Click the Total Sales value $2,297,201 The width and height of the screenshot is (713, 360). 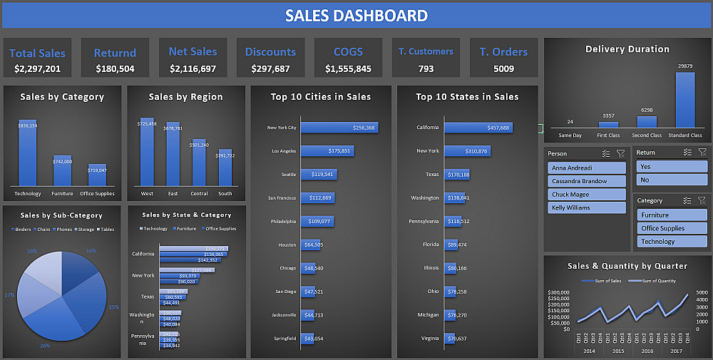[37, 69]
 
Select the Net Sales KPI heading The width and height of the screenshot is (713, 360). [193, 51]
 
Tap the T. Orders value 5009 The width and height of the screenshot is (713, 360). [503, 69]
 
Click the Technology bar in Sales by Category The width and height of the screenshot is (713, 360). [28, 153]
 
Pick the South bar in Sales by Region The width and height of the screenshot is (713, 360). [225, 168]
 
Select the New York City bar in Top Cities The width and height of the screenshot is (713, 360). [339, 128]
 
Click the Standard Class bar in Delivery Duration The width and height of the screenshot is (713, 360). [684, 100]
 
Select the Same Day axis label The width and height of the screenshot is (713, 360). [570, 135]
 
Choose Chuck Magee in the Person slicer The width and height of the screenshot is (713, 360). [570, 194]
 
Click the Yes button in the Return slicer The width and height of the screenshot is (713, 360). [671, 166]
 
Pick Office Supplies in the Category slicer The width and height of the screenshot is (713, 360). [671, 228]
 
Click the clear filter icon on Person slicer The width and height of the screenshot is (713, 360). [620, 153]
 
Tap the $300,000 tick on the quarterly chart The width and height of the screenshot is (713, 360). [560, 293]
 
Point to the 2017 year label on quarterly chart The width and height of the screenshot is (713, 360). [675, 351]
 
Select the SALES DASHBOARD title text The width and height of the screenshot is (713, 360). [356, 16]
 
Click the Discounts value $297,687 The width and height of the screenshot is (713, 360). [270, 69]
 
